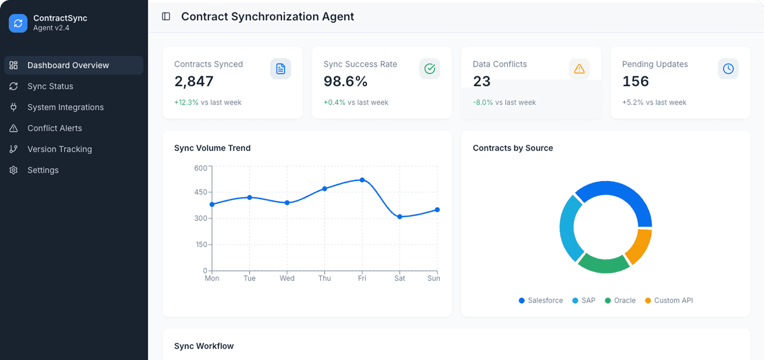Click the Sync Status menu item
pos(50,86)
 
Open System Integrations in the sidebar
pos(65,107)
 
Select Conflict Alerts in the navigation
pos(54,128)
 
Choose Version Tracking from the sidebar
pos(60,149)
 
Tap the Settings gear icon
pos(14,170)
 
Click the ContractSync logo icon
pos(18,23)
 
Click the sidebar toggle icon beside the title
pos(166,16)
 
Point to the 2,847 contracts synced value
pos(194,81)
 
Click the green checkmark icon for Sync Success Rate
pos(430,69)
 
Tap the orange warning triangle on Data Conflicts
pos(579,69)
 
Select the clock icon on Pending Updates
pos(728,69)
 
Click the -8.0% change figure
pos(483,102)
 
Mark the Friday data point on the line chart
pos(362,180)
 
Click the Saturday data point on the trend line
pos(400,217)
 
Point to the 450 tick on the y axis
pos(201,192)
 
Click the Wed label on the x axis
pos(287,278)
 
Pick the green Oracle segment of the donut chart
pos(604,264)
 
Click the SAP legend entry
pos(584,300)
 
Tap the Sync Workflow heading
pos(204,346)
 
